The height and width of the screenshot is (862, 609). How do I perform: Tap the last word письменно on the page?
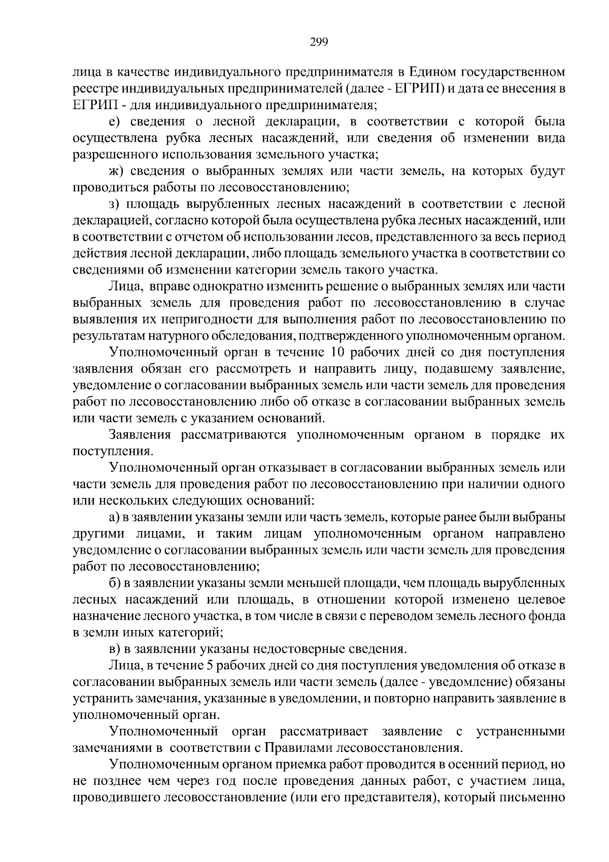536,797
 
